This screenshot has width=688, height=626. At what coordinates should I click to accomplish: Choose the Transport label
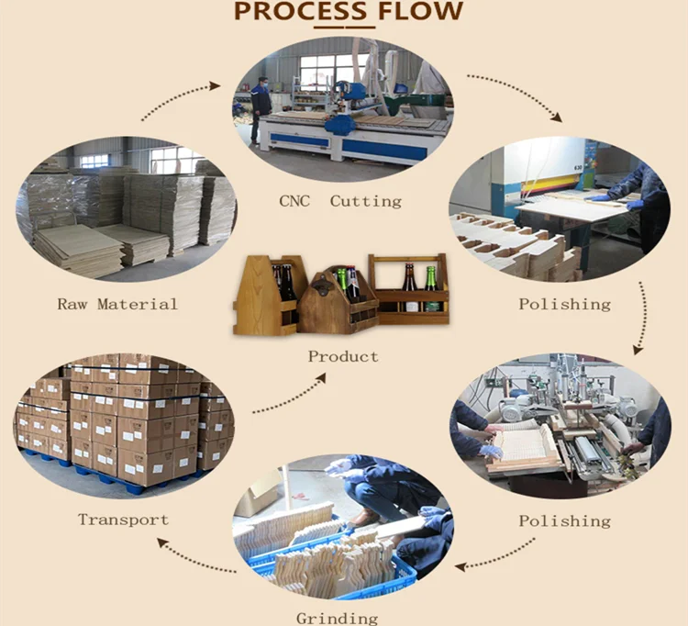123,520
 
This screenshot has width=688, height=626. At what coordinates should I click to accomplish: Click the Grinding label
337,618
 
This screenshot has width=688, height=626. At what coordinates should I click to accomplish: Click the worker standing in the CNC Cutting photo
261,108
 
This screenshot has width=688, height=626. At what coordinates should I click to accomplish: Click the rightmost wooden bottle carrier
409,288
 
